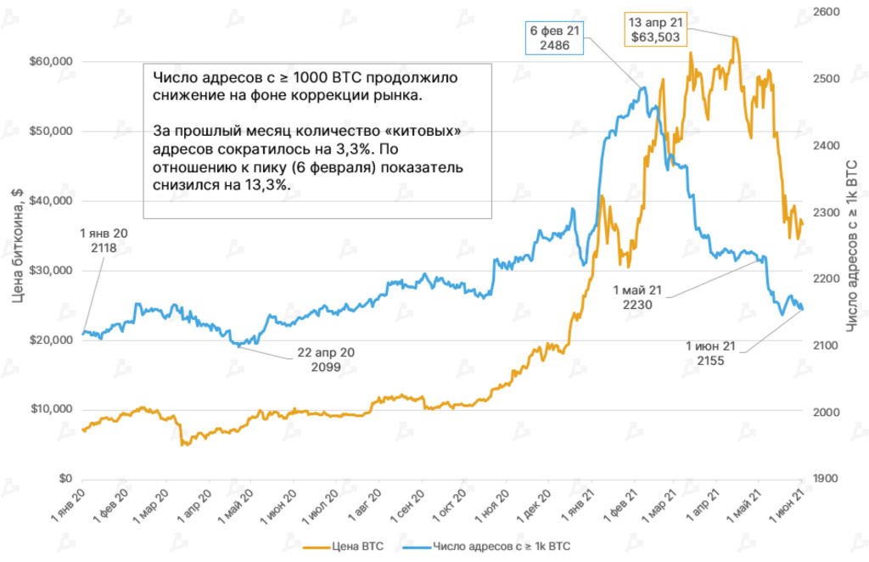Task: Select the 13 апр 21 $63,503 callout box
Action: pyautogui.click(x=657, y=29)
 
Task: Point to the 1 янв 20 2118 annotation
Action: pyautogui.click(x=107, y=240)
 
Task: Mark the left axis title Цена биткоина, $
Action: pyautogui.click(x=18, y=246)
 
